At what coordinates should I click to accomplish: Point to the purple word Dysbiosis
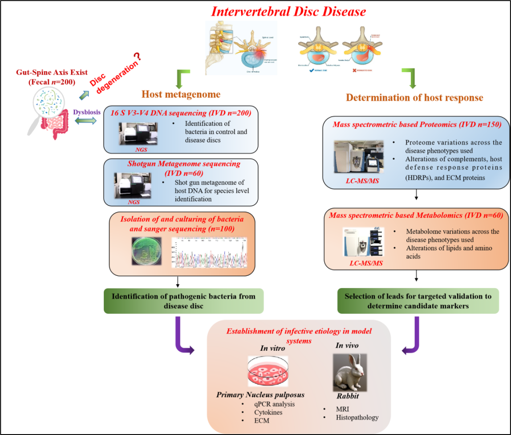(x=87, y=112)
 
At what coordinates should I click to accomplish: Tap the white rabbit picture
(x=349, y=372)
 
